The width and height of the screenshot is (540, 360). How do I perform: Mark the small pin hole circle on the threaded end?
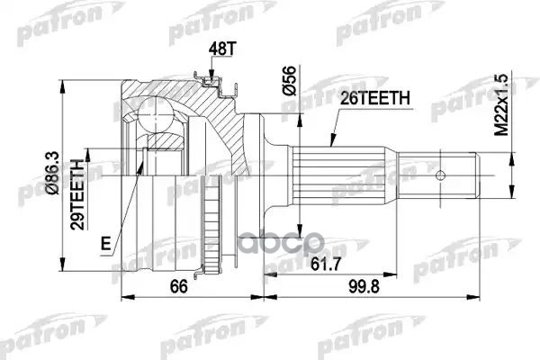pyautogui.click(x=441, y=175)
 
